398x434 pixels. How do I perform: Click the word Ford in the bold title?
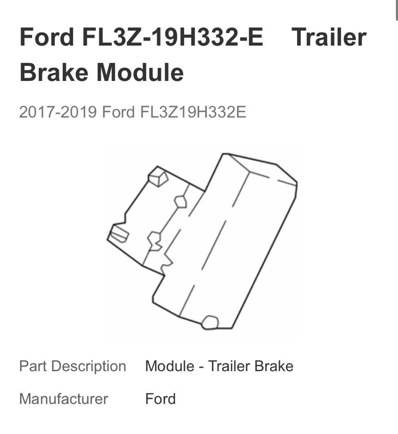[47, 37]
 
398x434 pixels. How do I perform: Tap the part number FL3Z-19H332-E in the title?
[173, 37]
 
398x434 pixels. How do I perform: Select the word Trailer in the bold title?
[329, 37]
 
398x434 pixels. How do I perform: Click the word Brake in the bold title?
[54, 73]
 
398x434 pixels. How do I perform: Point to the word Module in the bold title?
[140, 73]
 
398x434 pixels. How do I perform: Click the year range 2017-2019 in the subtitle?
[58, 113]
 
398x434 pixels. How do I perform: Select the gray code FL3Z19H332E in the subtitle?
[193, 113]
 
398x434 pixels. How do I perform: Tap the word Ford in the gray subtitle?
[118, 113]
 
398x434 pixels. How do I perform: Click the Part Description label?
[73, 366]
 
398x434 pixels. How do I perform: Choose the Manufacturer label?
[63, 399]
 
